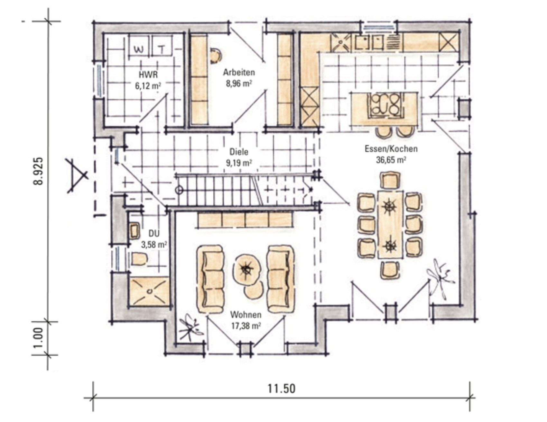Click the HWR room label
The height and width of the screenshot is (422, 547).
[148, 75]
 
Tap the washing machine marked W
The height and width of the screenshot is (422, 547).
[139, 45]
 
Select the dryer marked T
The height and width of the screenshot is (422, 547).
[162, 45]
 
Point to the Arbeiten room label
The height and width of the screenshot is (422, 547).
[239, 72]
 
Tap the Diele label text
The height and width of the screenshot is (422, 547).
[239, 152]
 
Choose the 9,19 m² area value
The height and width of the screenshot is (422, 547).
[239, 163]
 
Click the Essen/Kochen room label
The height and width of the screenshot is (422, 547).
[391, 149]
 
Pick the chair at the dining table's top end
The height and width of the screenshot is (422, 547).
[390, 180]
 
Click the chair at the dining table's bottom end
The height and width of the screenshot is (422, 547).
[390, 270]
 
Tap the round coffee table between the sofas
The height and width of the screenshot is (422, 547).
[247, 269]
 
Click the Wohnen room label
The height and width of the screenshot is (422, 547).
[246, 314]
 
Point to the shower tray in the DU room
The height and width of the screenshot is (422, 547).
[149, 291]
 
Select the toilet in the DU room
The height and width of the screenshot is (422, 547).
[139, 259]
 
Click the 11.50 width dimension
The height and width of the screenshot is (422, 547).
[282, 389]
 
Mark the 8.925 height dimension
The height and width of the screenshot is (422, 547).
[38, 171]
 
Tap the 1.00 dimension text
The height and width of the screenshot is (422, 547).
[38, 338]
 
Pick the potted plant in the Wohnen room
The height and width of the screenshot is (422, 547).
[190, 327]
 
